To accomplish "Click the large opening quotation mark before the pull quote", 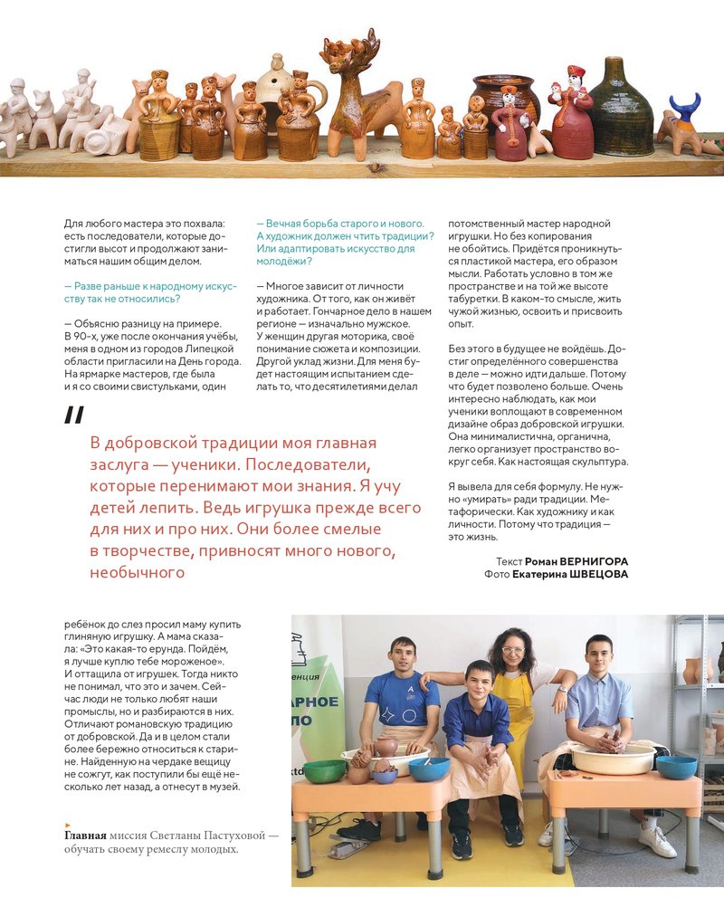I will [74, 416].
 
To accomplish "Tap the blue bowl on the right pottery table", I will [676, 767].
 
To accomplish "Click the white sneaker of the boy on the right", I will [657, 840].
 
